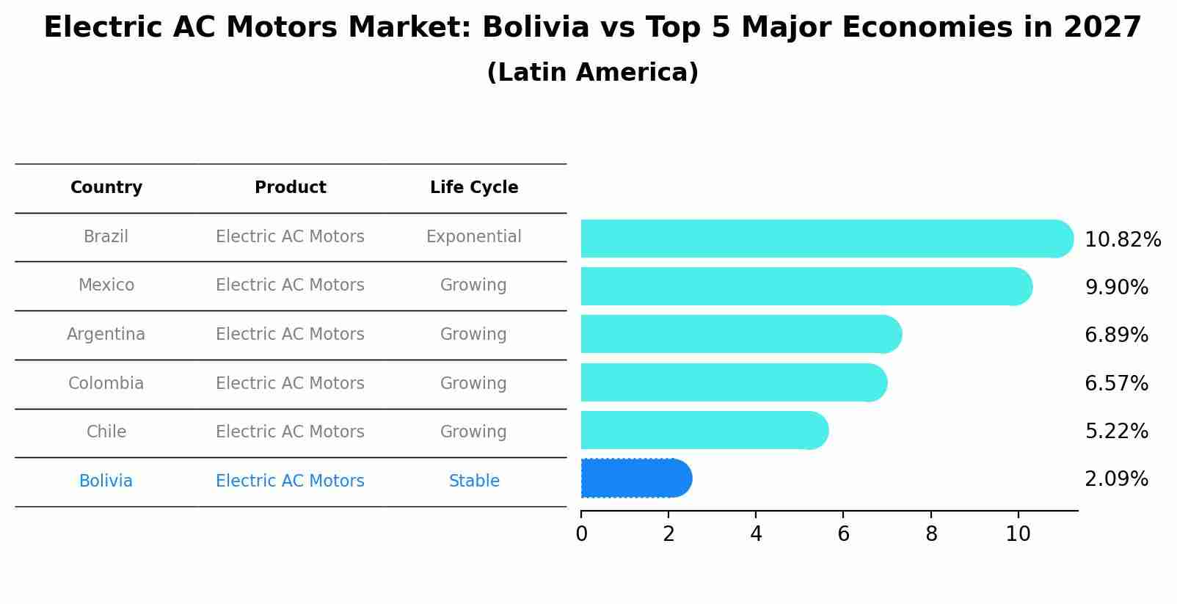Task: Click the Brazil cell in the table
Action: pyautogui.click(x=106, y=237)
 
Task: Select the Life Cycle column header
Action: pyautogui.click(x=474, y=188)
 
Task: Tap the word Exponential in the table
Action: pyautogui.click(x=473, y=237)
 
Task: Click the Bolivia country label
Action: pyautogui.click(x=106, y=481)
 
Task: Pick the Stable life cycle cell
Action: pyautogui.click(x=474, y=481)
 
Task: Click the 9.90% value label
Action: pyautogui.click(x=1116, y=288)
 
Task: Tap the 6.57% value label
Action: pyautogui.click(x=1116, y=384)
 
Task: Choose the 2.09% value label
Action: pyautogui.click(x=1116, y=479)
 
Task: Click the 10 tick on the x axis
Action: pyautogui.click(x=1018, y=534)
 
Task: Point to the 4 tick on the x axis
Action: pyautogui.click(x=756, y=534)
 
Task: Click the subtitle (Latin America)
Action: pyautogui.click(x=592, y=73)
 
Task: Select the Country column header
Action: pyautogui.click(x=106, y=188)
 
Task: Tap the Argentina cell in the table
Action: pyautogui.click(x=106, y=335)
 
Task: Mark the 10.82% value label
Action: pyautogui.click(x=1122, y=240)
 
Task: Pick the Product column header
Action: pyautogui.click(x=290, y=188)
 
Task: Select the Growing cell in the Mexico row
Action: pyautogui.click(x=473, y=285)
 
